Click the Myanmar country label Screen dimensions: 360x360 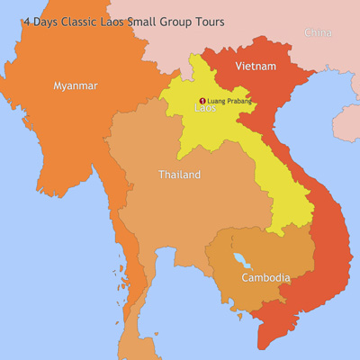coord(75,85)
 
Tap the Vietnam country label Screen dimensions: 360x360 coord(255,67)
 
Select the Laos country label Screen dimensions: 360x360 coord(205,109)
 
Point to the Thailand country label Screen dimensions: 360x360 coord(179,175)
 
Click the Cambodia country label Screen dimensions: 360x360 coord(265,278)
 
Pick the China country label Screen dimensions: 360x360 coord(317,32)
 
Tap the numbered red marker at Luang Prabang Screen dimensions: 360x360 coord(202,100)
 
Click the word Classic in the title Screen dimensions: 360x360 coord(82,22)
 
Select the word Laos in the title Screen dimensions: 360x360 coord(121,22)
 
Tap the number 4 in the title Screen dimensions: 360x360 coord(27,22)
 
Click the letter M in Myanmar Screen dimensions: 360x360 coord(58,85)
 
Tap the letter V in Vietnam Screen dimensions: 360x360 coord(238,67)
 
